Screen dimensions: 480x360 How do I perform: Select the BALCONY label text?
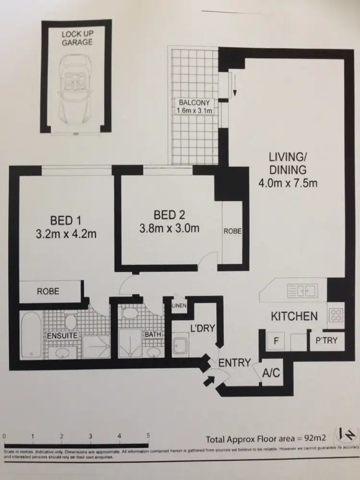pyautogui.click(x=194, y=103)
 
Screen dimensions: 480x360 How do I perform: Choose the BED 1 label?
pyautogui.click(x=66, y=221)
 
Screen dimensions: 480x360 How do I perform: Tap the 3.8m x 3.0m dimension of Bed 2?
pyautogui.click(x=169, y=228)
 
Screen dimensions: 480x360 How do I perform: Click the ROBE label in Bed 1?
pyautogui.click(x=48, y=291)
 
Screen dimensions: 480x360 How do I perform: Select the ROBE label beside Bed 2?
pyautogui.click(x=232, y=231)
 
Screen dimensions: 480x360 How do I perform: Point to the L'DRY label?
pyautogui.click(x=202, y=329)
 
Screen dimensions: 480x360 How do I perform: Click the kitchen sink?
pyautogui.click(x=301, y=290)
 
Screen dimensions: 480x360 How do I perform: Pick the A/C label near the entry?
pyautogui.click(x=270, y=372)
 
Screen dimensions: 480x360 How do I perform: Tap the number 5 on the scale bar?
pyautogui.click(x=148, y=436)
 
